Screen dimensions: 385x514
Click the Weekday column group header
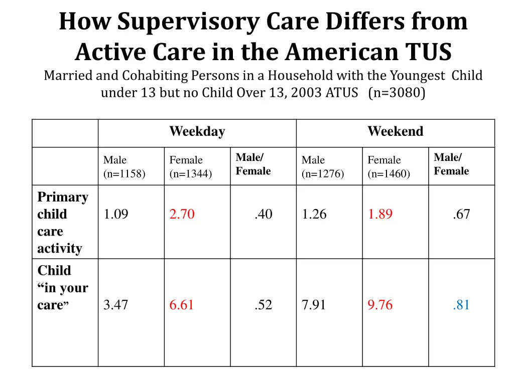tap(197, 132)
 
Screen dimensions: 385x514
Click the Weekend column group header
tap(395, 132)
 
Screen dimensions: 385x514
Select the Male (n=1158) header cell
tap(124, 167)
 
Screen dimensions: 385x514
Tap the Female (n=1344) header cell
tap(190, 167)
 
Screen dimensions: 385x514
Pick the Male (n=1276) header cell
tap(322, 167)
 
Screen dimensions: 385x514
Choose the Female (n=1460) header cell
tap(389, 167)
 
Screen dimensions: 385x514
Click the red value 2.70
tap(182, 215)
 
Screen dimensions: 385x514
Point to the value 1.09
tap(115, 215)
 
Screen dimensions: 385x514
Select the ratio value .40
tap(263, 215)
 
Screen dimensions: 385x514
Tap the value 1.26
tap(314, 215)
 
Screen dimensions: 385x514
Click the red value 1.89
tap(380, 215)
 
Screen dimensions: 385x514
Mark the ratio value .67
tap(461, 215)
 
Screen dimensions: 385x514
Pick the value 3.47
tap(115, 305)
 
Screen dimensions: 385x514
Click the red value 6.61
tap(182, 305)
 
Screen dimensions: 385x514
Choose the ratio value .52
tap(263, 305)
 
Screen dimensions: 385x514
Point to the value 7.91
tap(314, 305)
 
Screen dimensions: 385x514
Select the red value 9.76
tap(380, 305)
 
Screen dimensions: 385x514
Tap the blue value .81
tap(461, 305)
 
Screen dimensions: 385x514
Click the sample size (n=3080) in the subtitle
tap(397, 93)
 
